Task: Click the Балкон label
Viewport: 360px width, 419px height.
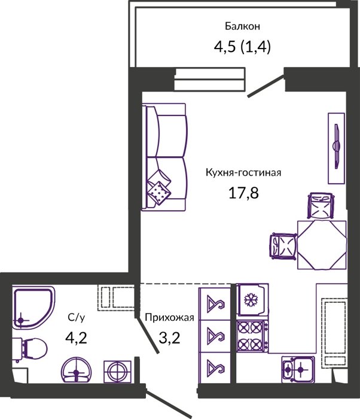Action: coord(242,26)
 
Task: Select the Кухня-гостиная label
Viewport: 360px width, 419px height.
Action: coord(243,172)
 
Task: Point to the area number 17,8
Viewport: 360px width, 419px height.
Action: coord(243,193)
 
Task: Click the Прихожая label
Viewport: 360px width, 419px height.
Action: coord(169,318)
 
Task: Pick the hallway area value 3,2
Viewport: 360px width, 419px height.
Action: coord(169,338)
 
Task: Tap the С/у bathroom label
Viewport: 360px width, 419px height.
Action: coord(76,317)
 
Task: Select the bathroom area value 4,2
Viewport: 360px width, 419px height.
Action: coord(76,338)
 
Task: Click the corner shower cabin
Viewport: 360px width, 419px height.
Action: coord(33,307)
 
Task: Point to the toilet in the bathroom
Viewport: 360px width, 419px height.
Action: coord(29,350)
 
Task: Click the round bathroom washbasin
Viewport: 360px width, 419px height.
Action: coord(76,371)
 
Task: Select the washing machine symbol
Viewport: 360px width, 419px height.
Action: coord(117,372)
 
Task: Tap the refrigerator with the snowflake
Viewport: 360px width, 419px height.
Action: coord(252,300)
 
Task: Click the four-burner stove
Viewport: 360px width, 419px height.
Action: coord(252,336)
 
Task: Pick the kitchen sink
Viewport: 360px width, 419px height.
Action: coord(298,369)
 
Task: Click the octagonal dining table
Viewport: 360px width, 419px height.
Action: coord(322,245)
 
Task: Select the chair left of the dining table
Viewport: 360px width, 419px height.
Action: coord(283,247)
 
